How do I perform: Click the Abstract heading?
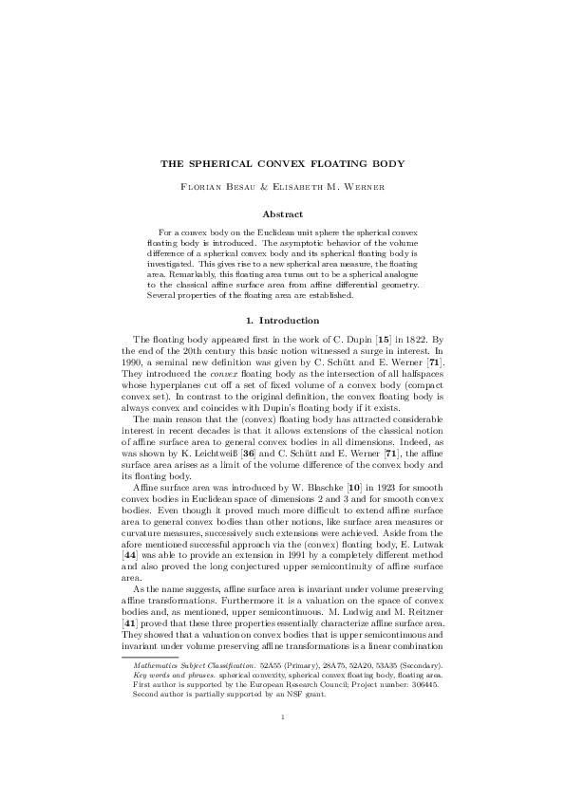click(x=282, y=214)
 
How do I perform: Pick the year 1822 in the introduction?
click(x=401, y=312)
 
